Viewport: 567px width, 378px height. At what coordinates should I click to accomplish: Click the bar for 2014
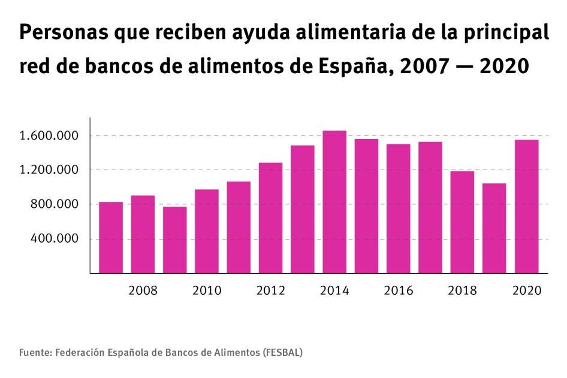pos(334,202)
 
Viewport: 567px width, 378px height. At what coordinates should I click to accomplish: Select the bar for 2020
pos(526,206)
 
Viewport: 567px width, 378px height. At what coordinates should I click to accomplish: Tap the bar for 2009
pos(174,240)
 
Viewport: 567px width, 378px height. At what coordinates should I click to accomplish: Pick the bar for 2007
pos(111,237)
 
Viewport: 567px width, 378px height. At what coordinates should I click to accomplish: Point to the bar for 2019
pos(494,228)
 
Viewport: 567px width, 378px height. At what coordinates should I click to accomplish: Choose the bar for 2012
pos(270,218)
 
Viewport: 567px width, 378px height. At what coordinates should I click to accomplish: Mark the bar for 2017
pos(430,207)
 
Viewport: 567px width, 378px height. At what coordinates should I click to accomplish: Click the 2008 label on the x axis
pos(143,291)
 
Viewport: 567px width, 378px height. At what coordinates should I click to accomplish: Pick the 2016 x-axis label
pos(399,291)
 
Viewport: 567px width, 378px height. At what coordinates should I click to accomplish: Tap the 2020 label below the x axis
pos(527,291)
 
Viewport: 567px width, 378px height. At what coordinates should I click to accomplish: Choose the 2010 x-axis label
pos(207,291)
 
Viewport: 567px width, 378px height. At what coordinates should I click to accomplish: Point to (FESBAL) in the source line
pos(282,352)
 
